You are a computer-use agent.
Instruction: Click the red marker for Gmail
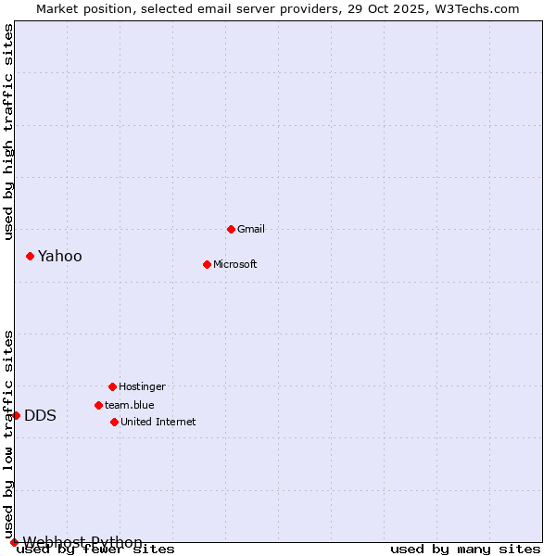(231, 229)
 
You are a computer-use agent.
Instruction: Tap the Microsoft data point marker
(207, 264)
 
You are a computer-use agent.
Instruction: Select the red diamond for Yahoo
(30, 256)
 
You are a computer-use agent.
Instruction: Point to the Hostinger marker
(112, 386)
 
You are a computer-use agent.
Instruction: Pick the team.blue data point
(98, 405)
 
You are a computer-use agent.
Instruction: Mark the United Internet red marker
(114, 422)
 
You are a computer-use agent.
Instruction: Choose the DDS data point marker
(16, 415)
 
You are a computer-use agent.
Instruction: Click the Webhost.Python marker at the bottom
(14, 542)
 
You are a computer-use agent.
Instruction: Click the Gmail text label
(251, 229)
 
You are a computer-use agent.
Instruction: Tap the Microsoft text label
(235, 264)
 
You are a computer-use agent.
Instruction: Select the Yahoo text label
(60, 257)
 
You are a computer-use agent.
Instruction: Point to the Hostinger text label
(142, 386)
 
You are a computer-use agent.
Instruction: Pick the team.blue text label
(130, 405)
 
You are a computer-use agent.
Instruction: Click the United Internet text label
(158, 422)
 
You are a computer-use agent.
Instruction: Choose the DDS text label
(41, 416)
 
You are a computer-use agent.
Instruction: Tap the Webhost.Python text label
(82, 542)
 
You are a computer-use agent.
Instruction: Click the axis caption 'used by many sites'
(465, 550)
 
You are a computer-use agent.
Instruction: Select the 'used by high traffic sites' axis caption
(9, 132)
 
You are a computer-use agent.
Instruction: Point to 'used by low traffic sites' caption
(9, 434)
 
